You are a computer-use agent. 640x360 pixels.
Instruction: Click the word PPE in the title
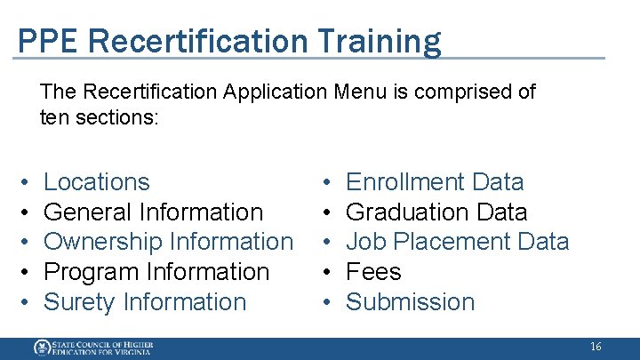[42, 41]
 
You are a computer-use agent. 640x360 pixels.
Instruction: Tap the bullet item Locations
[96, 182]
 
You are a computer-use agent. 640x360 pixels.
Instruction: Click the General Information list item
[153, 212]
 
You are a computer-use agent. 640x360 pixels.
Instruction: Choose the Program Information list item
[156, 272]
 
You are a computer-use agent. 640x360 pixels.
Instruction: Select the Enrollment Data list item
[434, 182]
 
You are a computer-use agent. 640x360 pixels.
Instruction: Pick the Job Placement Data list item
[456, 242]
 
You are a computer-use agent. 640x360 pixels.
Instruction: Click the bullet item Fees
[373, 272]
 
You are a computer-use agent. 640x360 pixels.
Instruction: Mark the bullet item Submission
[410, 302]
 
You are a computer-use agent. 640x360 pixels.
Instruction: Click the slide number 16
[595, 347]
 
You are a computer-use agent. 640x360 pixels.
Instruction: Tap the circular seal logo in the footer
[42, 348]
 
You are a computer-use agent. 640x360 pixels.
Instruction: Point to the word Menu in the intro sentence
[364, 92]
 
